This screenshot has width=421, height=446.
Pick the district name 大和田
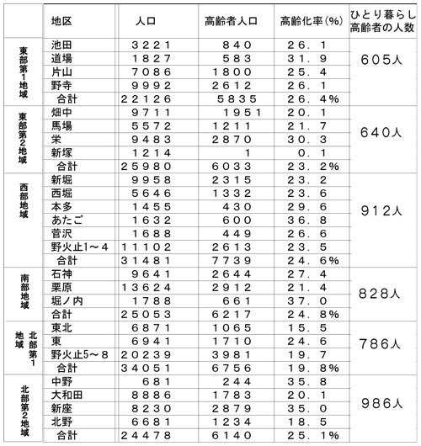point(67,394)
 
